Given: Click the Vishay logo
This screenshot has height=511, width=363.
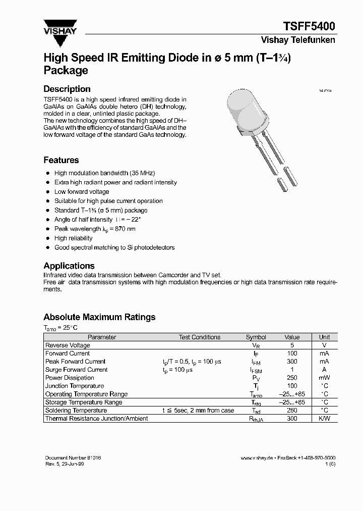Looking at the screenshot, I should tap(59, 27).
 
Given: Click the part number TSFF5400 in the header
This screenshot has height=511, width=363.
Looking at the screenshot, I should tap(308, 27).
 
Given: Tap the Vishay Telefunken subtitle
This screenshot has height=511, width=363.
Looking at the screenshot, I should tap(297, 40).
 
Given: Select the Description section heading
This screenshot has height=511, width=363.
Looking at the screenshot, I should tap(67, 89).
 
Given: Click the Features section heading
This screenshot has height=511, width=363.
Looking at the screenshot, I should tap(61, 160).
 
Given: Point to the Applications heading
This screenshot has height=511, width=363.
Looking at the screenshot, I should tap(69, 266).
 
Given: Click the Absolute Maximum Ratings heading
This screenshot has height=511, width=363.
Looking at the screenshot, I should tap(99, 317).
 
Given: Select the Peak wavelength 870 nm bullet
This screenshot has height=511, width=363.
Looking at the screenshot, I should tap(95, 229).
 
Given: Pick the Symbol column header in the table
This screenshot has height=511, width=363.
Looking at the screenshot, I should tap(256, 337).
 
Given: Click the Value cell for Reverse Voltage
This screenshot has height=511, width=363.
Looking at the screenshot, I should tap(292, 345).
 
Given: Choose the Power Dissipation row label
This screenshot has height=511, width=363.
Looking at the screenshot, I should tap(70, 378).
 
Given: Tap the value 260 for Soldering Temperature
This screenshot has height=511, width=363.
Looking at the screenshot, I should tap(292, 411).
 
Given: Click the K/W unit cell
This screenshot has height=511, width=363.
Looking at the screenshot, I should tap(324, 419).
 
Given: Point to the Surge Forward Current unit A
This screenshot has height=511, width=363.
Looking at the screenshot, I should tap(324, 370).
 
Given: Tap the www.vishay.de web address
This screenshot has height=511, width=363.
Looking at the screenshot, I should tap(257, 457).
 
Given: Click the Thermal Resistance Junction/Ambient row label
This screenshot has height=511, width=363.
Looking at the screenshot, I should tap(96, 419).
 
